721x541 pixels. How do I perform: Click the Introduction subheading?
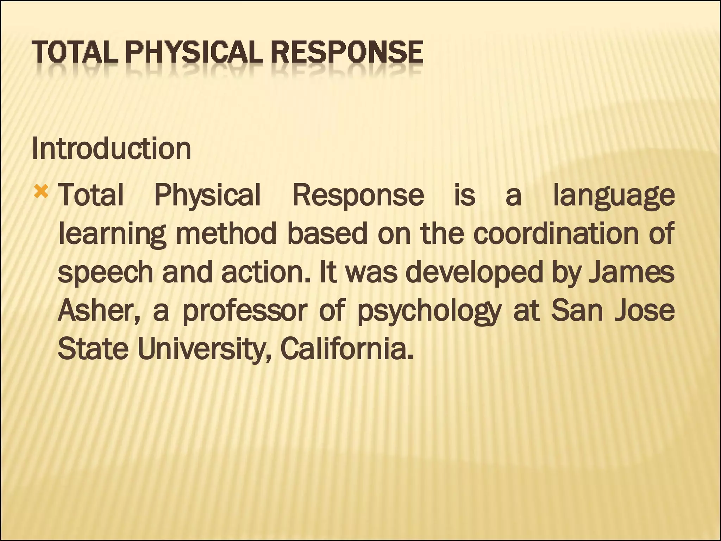point(111,149)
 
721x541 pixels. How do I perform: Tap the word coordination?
point(556,234)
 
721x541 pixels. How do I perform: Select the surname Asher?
point(98,311)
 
